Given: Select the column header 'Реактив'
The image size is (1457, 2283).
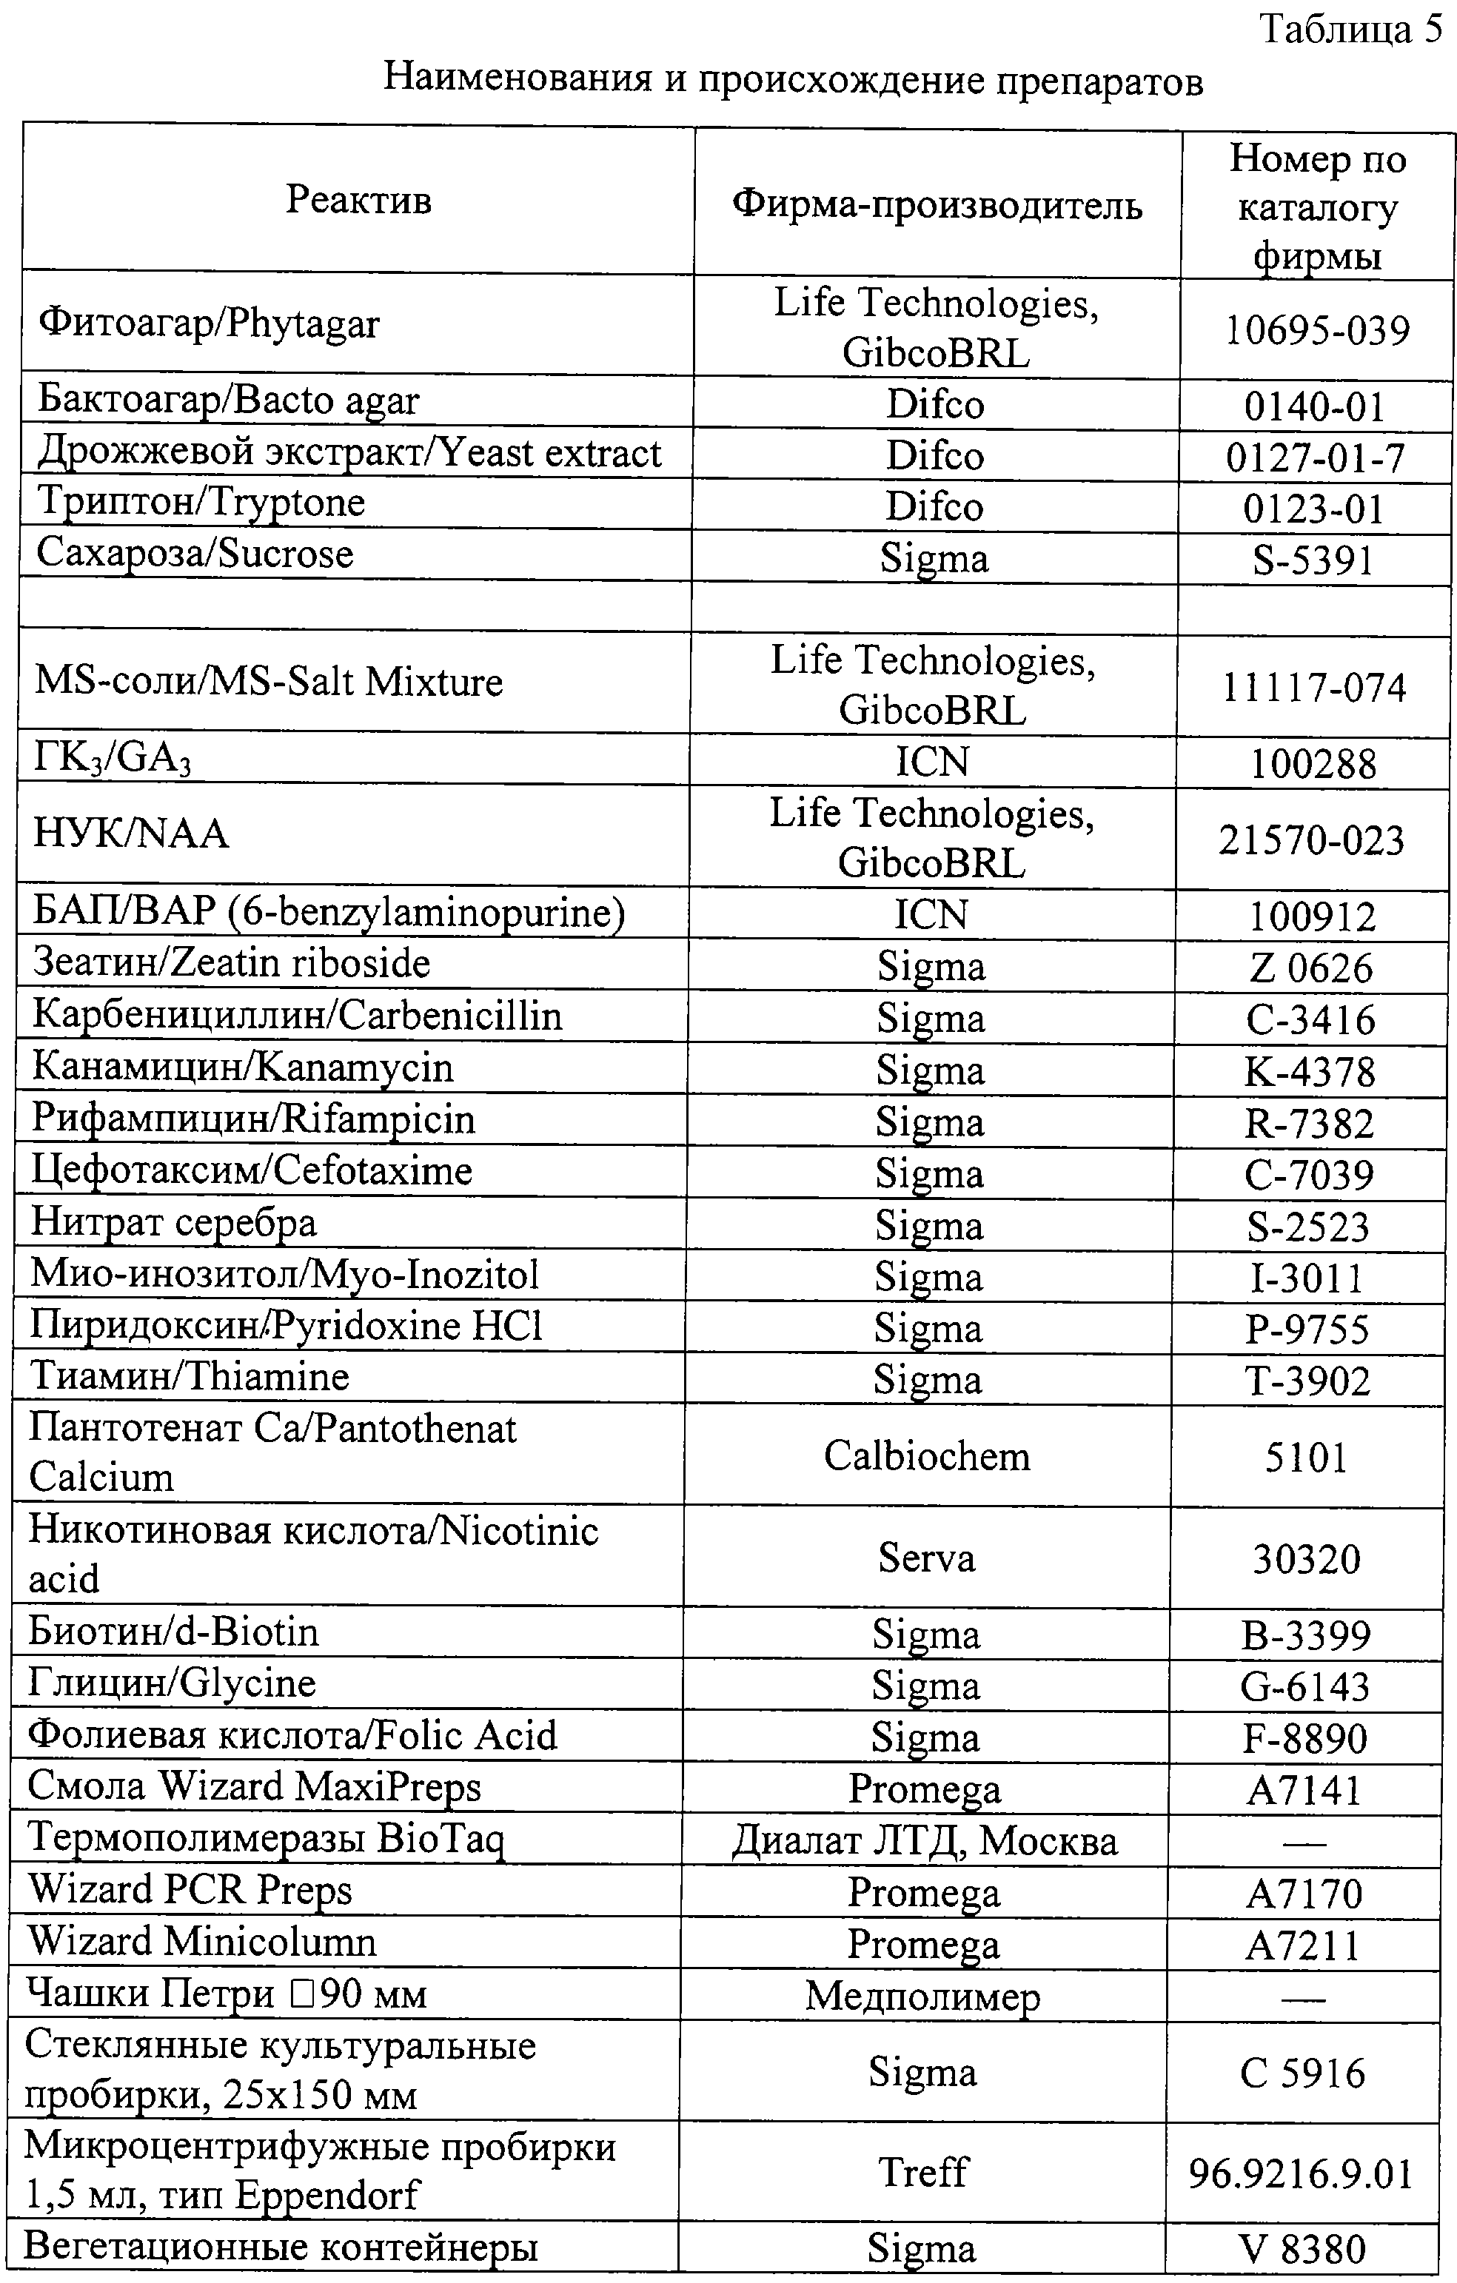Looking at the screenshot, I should pyautogui.click(x=358, y=200).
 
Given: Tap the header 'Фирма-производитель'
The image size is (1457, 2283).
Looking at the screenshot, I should pyautogui.click(x=937, y=204).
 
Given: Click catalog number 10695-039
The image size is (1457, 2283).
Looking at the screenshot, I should pyautogui.click(x=1316, y=330).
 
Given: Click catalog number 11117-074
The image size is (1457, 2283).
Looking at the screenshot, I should pyautogui.click(x=1313, y=688).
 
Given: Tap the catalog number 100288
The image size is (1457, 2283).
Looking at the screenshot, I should pyautogui.click(x=1312, y=764).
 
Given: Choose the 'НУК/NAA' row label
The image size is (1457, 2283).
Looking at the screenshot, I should pyautogui.click(x=131, y=834).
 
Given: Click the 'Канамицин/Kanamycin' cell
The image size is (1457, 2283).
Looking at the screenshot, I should pyautogui.click(x=243, y=1067).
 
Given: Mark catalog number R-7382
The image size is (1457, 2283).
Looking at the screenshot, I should pyautogui.click(x=1309, y=1124).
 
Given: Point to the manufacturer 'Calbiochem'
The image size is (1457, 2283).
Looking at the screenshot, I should pyautogui.click(x=926, y=1455).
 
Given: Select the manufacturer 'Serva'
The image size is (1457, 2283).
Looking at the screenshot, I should pyautogui.click(x=926, y=1558).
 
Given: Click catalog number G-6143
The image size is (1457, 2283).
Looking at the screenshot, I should pyautogui.click(x=1305, y=1686).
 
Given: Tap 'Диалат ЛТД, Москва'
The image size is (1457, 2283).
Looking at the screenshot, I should pyautogui.click(x=924, y=1840).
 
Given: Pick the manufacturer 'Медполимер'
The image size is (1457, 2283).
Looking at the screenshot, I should pyautogui.click(x=922, y=1996).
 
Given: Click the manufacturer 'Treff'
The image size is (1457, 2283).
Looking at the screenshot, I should pyautogui.click(x=922, y=2171).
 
